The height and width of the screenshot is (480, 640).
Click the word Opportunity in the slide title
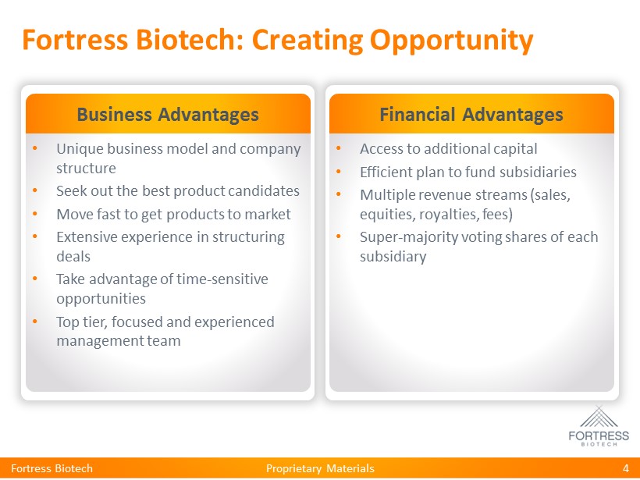pyautogui.click(x=451, y=41)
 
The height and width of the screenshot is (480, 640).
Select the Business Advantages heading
pyautogui.click(x=168, y=114)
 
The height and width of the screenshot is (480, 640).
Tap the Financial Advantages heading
pyautogui.click(x=471, y=114)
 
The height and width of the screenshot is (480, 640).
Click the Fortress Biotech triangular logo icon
pyautogui.click(x=599, y=417)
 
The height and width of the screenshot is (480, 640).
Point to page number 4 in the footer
pyautogui.click(x=626, y=468)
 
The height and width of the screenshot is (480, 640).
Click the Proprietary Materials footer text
pyautogui.click(x=320, y=468)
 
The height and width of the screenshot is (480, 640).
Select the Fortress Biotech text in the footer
pyautogui.click(x=52, y=468)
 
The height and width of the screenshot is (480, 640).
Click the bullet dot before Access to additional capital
pyautogui.click(x=339, y=148)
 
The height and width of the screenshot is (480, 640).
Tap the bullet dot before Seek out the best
pyautogui.click(x=34, y=190)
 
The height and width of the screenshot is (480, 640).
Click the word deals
pyautogui.click(x=73, y=256)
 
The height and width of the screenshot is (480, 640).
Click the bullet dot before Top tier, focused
pyautogui.click(x=34, y=322)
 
